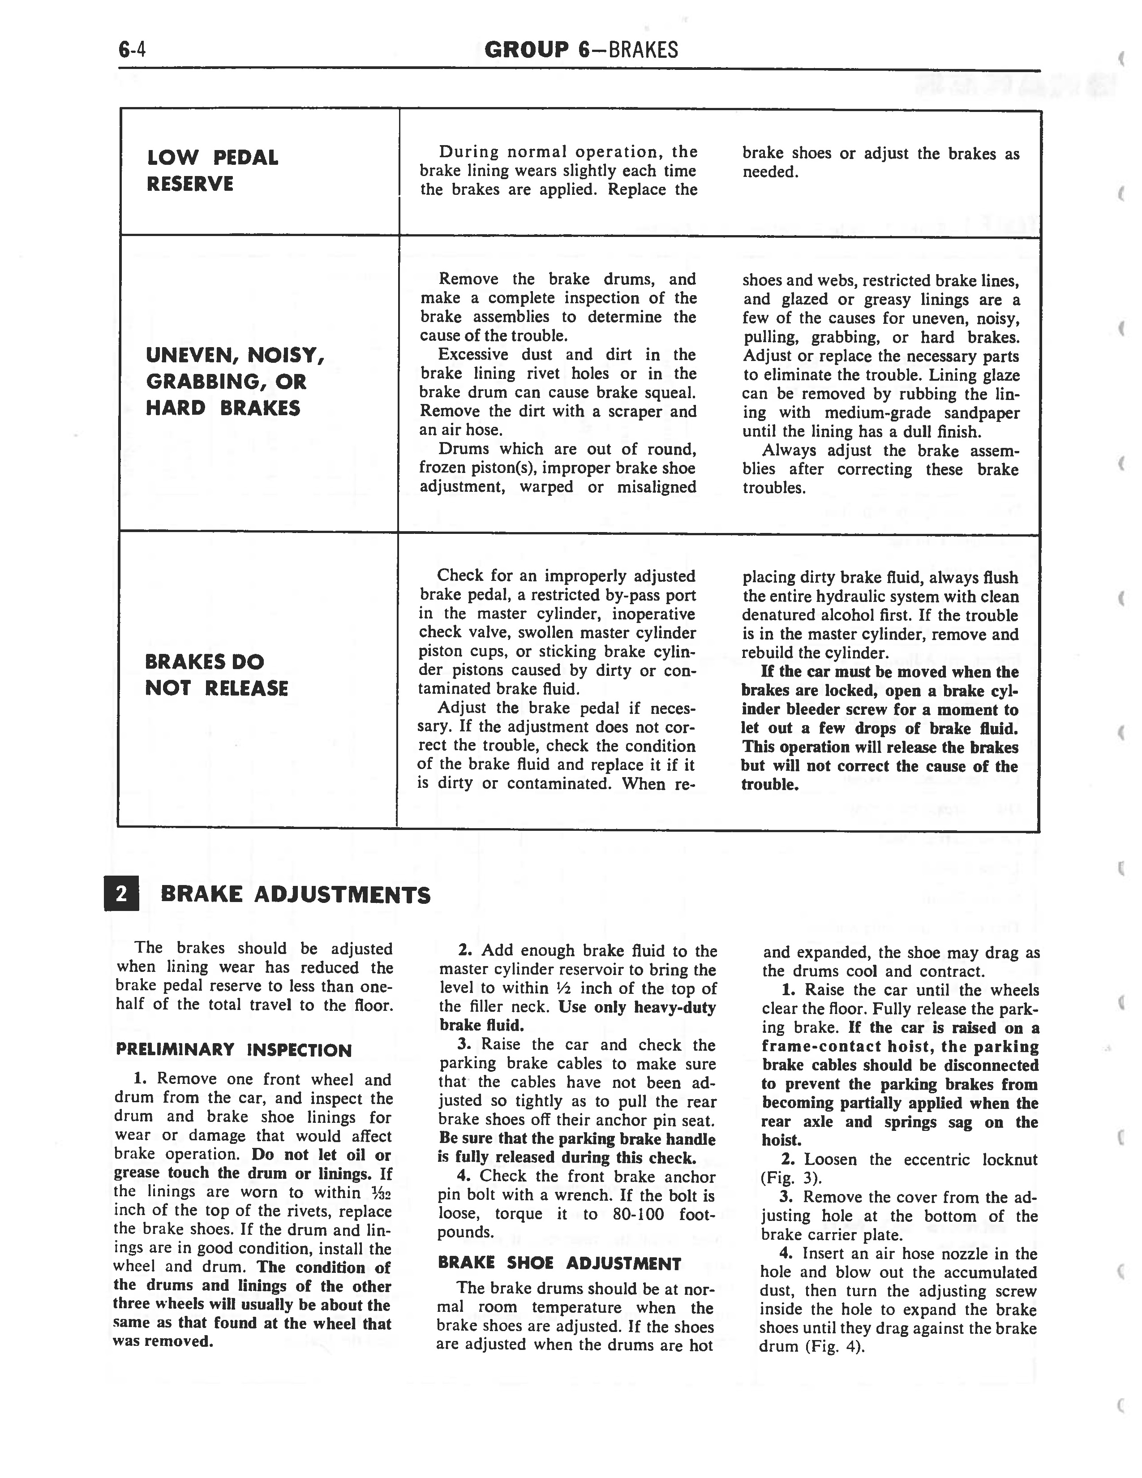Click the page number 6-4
133,50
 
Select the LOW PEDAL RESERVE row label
212,171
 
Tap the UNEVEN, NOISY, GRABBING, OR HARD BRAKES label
235,382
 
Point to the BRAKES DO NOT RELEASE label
216,675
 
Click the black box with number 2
122,894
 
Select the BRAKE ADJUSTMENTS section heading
295,895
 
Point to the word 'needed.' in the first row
771,172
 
